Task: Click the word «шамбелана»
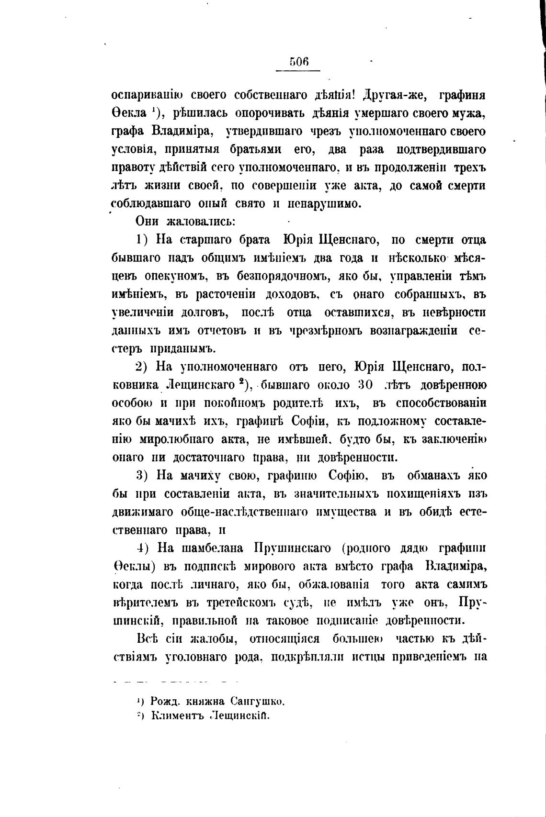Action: coord(210,548)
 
